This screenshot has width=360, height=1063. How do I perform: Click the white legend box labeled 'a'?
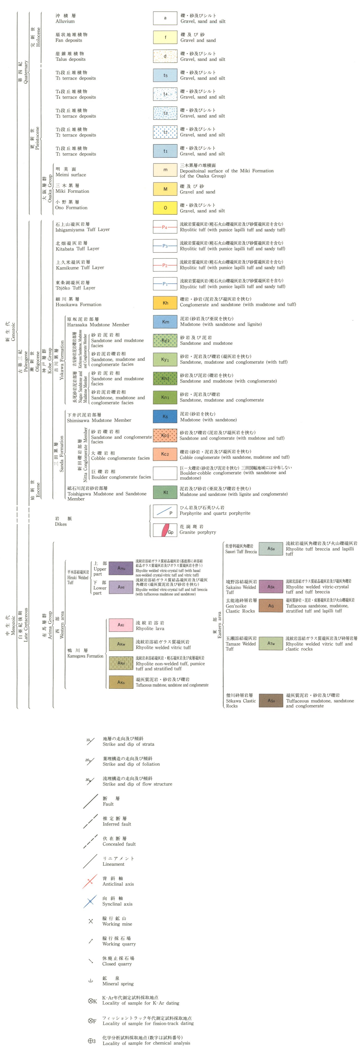pyautogui.click(x=165, y=18)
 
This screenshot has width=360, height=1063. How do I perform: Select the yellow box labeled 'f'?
pyautogui.click(x=165, y=37)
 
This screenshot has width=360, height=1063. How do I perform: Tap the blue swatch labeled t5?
pyautogui.click(x=165, y=75)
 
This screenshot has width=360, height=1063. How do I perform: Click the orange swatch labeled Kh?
pyautogui.click(x=165, y=303)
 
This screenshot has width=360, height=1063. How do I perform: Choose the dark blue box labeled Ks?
pyautogui.click(x=165, y=416)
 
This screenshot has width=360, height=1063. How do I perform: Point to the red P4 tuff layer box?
pyautogui.click(x=165, y=227)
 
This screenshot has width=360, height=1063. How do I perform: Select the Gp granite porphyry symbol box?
pyautogui.click(x=165, y=530)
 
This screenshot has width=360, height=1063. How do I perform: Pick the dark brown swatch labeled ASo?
pyautogui.click(x=271, y=701)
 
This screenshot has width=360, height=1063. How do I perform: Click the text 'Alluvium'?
pyautogui.click(x=65, y=21)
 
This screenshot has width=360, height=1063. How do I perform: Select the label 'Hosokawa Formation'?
pyautogui.click(x=79, y=305)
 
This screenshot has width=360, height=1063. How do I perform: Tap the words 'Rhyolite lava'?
pyautogui.click(x=150, y=629)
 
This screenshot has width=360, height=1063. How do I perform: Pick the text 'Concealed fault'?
pyautogui.click(x=119, y=844)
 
